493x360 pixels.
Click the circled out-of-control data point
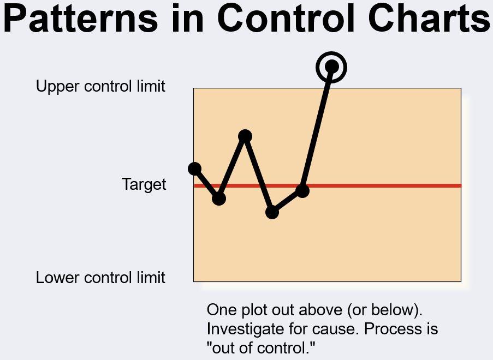click(331, 67)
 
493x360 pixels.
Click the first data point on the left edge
click(195, 169)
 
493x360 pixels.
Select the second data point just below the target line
click(218, 199)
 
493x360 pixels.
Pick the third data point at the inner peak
click(245, 136)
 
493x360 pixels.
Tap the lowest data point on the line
click(272, 212)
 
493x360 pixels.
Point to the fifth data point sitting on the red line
click(302, 190)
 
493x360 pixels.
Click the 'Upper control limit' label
click(100, 86)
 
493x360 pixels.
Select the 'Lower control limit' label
click(100, 278)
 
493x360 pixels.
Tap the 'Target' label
click(144, 184)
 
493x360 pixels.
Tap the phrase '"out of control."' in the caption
click(262, 348)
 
